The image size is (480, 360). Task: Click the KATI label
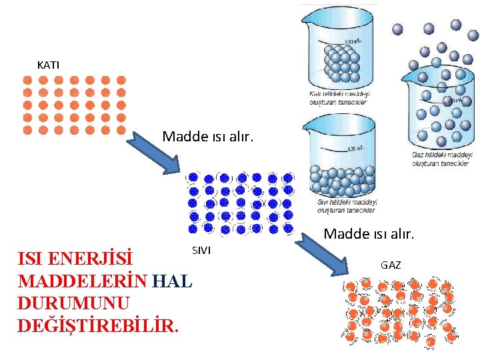[48, 65]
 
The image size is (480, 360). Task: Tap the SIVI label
[201, 250]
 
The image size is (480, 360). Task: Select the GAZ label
[391, 265]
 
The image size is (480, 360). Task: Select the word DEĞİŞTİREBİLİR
[98, 326]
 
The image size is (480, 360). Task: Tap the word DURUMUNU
[73, 303]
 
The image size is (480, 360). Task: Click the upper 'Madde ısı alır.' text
[208, 137]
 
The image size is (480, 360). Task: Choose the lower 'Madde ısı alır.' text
[369, 233]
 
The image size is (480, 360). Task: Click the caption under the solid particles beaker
[339, 98]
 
